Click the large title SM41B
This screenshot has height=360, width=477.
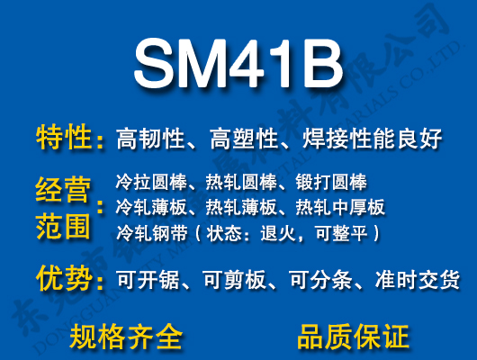[x=238, y=63]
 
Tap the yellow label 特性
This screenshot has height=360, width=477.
[x=64, y=139]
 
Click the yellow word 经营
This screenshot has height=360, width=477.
[x=64, y=191]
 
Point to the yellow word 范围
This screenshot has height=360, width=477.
[x=64, y=225]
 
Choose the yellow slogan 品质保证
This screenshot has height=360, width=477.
[x=353, y=337]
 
